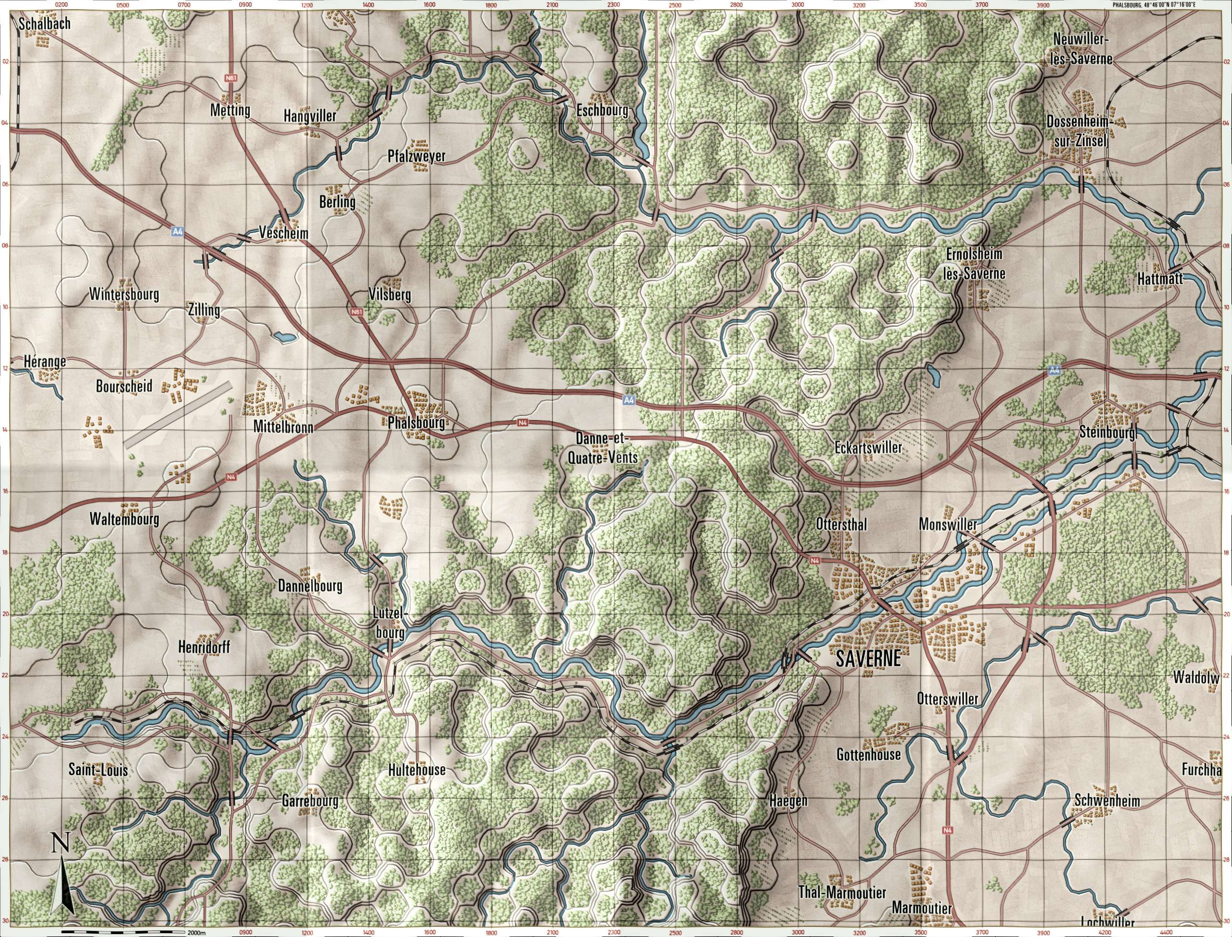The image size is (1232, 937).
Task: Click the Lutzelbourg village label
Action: (390, 622)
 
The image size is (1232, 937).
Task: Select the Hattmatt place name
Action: (1160, 280)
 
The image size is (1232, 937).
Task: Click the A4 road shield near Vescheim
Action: (177, 230)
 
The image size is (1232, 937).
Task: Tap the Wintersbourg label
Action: (124, 294)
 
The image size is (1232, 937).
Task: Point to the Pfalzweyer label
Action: (417, 156)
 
